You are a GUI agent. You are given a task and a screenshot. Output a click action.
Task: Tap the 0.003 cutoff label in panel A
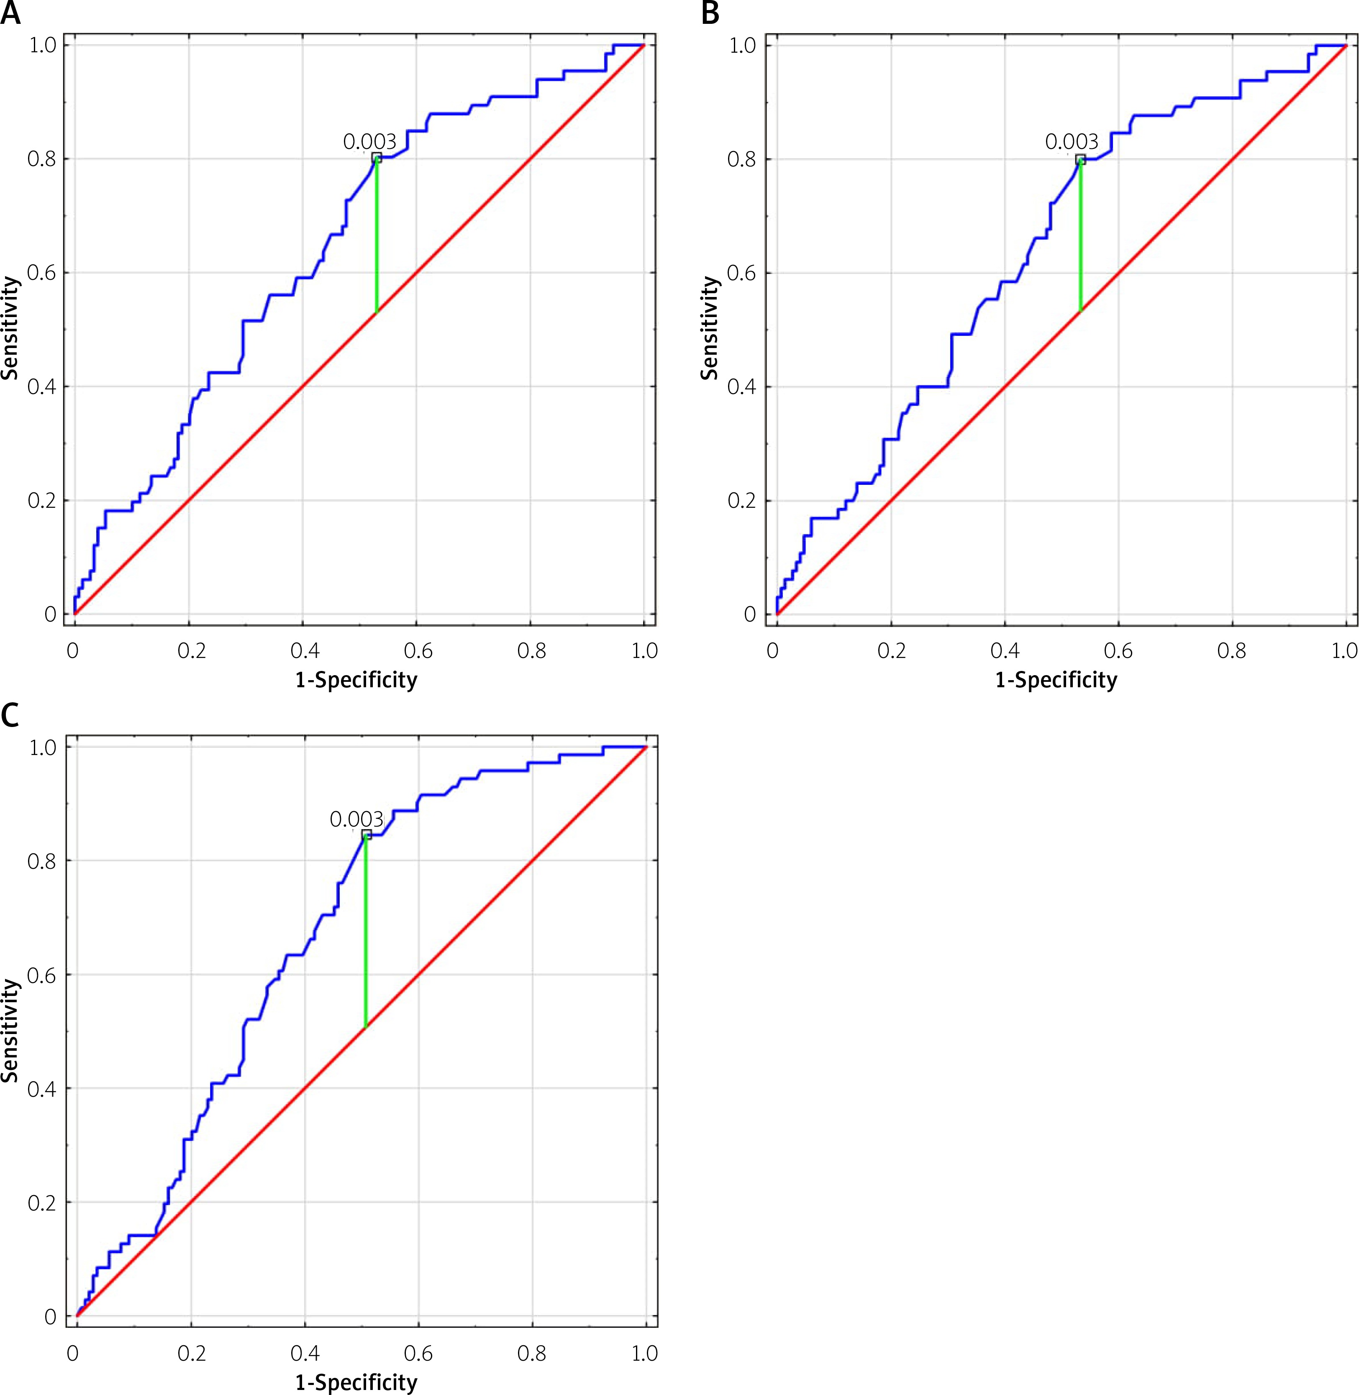click(x=369, y=142)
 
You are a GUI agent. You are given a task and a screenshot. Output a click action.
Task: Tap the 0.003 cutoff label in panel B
click(x=1072, y=142)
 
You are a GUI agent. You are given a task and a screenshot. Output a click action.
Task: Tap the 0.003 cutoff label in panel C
click(x=356, y=819)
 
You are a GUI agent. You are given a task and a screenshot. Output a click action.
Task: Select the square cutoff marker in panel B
click(x=1080, y=159)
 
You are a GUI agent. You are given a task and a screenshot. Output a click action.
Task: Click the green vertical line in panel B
click(x=1080, y=235)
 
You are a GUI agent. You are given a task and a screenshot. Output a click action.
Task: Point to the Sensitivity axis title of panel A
click(x=10, y=328)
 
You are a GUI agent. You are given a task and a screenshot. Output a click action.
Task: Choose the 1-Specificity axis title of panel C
click(x=356, y=1382)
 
